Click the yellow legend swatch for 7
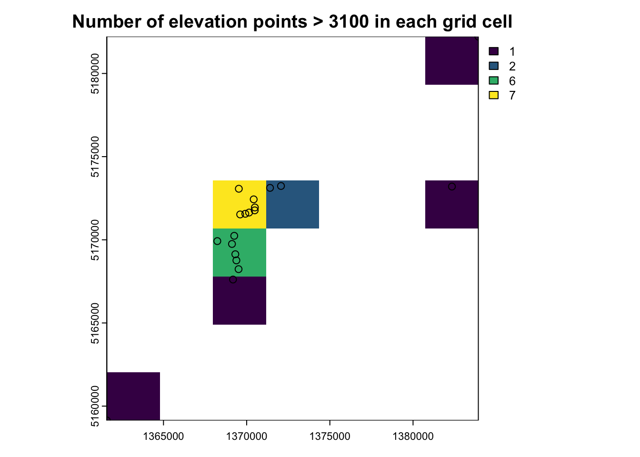[494, 95]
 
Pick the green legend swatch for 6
[494, 80]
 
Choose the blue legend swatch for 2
[494, 66]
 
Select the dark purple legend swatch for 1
[494, 51]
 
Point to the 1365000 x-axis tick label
[163, 437]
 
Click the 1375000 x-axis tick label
[330, 437]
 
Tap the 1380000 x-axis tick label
[413, 437]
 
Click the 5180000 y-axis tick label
[95, 74]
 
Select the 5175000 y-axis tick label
[95, 157]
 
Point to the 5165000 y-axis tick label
[95, 323]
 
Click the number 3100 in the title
[348, 21]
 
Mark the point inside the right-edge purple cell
[452, 187]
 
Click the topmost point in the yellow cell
[239, 189]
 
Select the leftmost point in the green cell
[217, 241]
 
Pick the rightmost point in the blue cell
[281, 186]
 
